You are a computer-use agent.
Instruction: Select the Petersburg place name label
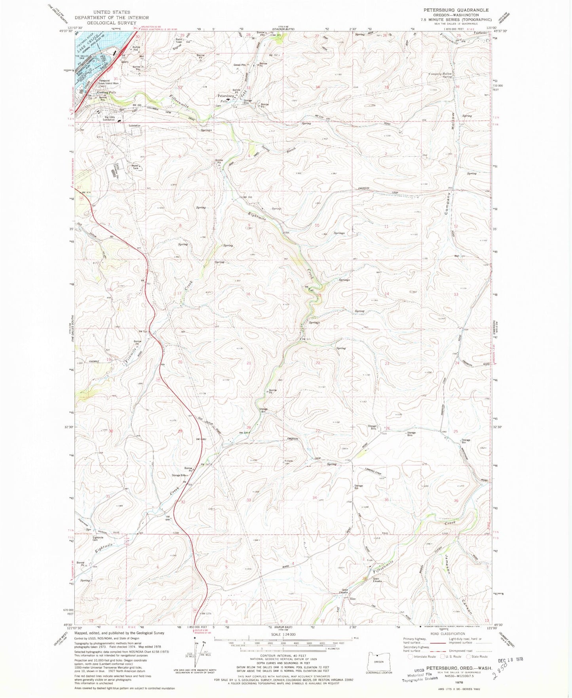coord(226,96)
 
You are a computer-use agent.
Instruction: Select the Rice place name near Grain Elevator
coord(353,599)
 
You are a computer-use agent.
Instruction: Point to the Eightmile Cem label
coord(98,539)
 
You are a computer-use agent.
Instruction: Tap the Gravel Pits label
coord(239,65)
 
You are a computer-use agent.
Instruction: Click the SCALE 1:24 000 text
coord(283,634)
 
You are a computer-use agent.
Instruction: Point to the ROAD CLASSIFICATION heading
coord(447,634)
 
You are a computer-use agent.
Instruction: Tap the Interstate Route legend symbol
coord(410,656)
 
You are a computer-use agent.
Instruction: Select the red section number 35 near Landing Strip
coord(386,500)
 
